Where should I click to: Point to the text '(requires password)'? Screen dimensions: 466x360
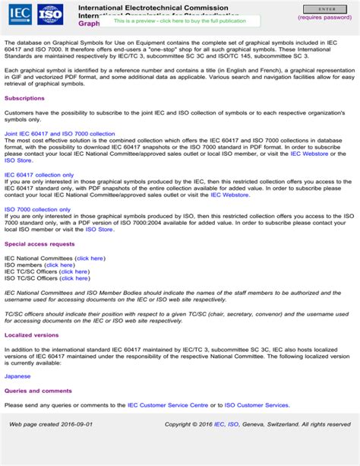pos(325,17)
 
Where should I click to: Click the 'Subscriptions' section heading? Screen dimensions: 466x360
pos(24,98)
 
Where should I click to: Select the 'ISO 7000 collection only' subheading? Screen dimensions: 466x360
pos(38,208)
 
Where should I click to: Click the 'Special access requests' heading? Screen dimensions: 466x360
pos(39,244)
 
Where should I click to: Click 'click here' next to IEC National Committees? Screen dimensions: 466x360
pos(90,258)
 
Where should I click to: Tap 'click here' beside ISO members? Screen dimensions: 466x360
pos(59,265)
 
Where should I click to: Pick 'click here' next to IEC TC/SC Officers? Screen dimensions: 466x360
pos(74,271)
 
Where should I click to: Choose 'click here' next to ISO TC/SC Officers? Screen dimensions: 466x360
pos(74,278)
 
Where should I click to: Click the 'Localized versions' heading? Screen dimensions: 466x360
pos(31,334)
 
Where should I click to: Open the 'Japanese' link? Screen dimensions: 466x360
pos(17,376)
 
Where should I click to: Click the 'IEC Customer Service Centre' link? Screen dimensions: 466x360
pos(168,405)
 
